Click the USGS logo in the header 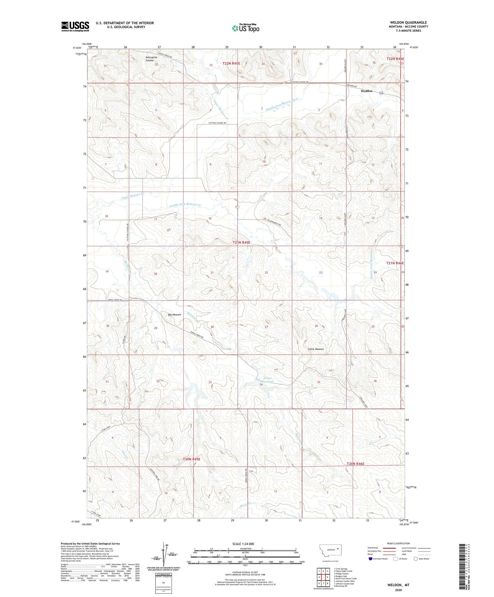click(x=75, y=26)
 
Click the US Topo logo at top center click(x=245, y=28)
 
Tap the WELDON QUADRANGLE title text click(x=404, y=22)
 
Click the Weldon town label click(x=367, y=91)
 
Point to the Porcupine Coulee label click(x=151, y=59)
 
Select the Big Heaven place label click(x=174, y=314)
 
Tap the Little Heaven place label click(x=316, y=349)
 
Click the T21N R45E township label click(x=241, y=242)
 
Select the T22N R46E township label click(x=395, y=59)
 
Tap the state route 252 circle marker click(x=381, y=93)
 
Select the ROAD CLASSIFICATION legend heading click(x=398, y=543)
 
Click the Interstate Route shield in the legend click(x=370, y=559)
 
